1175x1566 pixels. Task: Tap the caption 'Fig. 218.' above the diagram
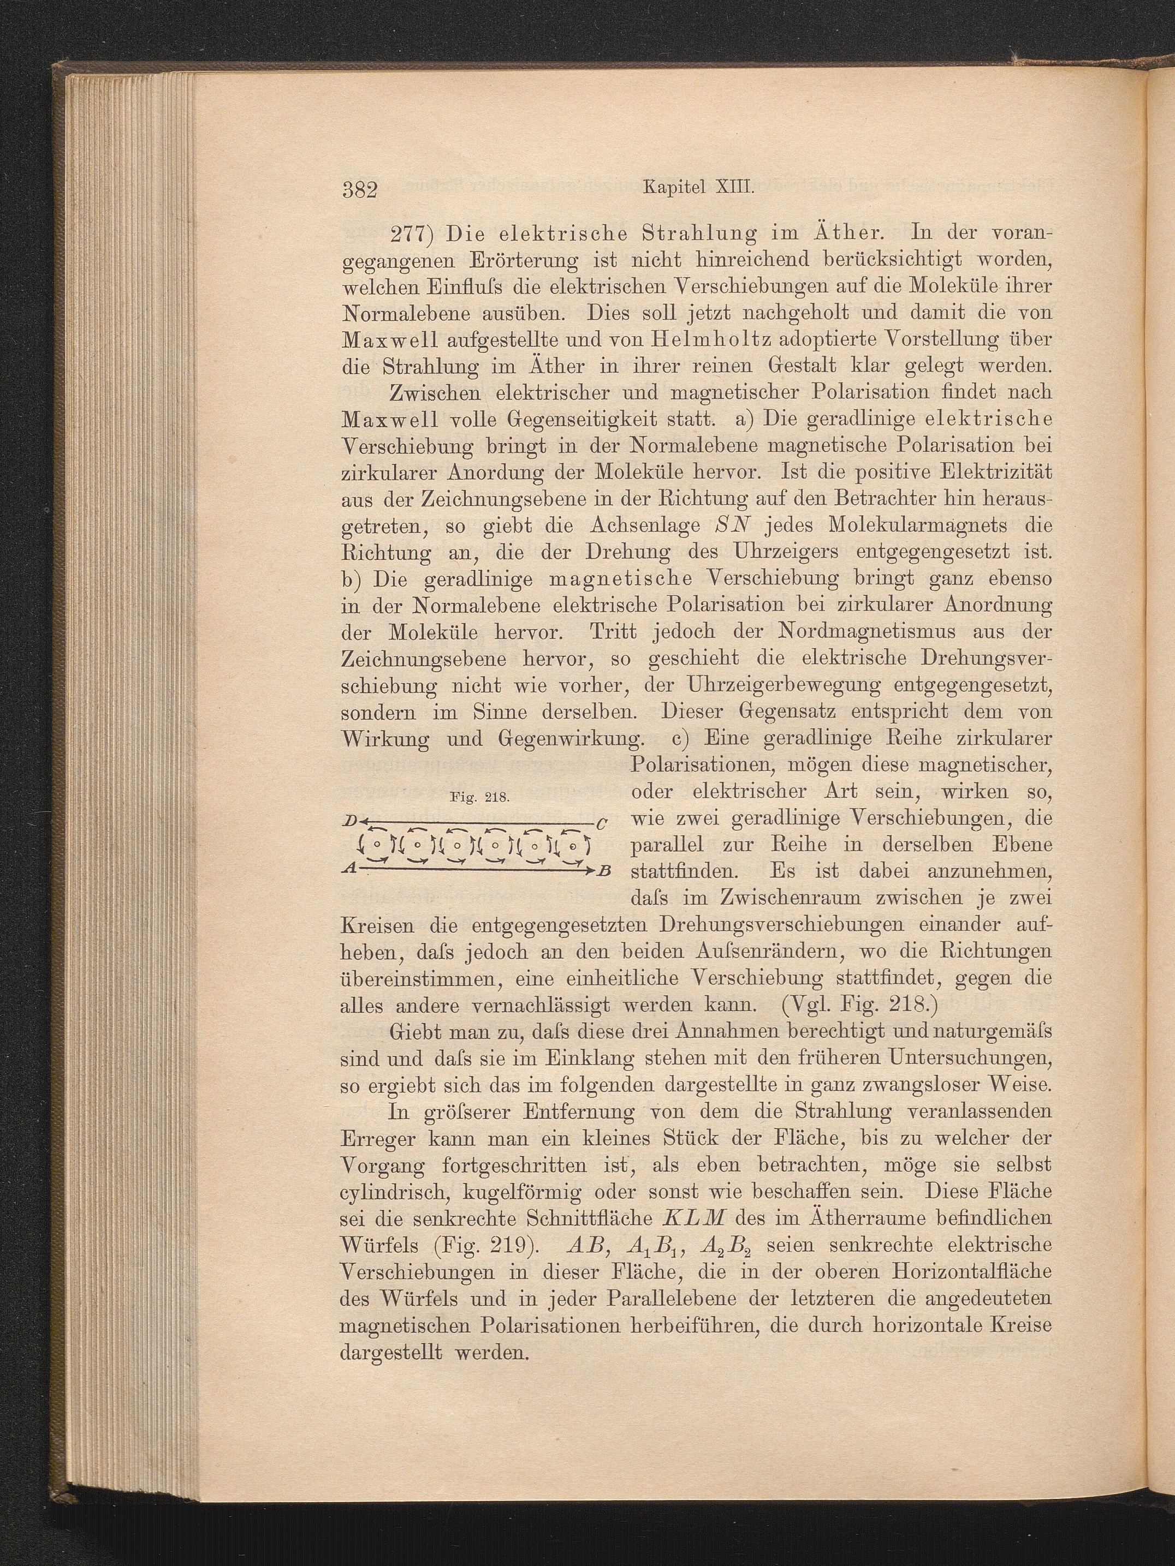(479, 797)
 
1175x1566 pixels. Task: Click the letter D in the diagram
(349, 821)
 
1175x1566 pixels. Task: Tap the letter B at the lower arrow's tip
(604, 870)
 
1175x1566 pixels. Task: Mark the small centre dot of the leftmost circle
(377, 844)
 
